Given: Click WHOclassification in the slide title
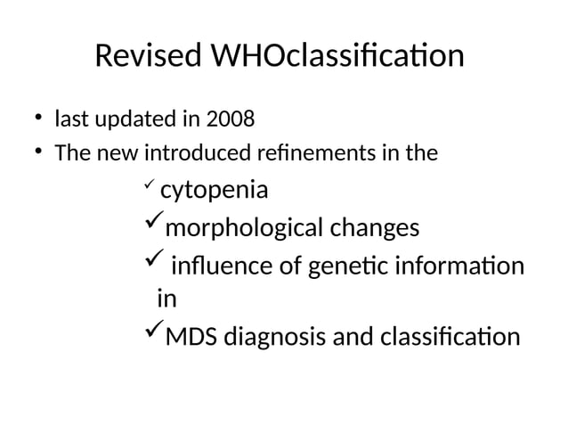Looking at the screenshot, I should click(337, 56).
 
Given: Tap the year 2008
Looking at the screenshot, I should click(223, 118).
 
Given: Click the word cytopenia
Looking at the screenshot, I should click(215, 192).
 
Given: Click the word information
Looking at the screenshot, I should click(461, 266).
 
